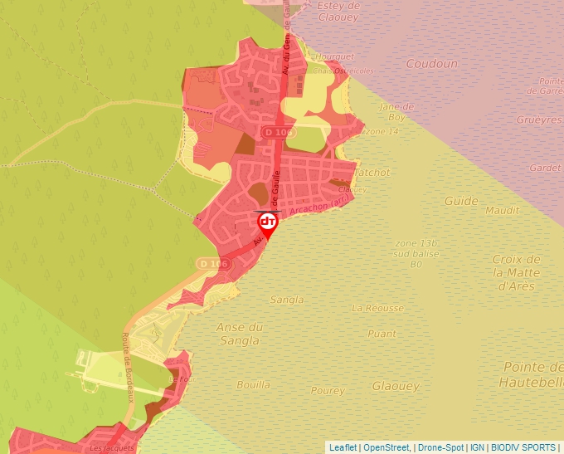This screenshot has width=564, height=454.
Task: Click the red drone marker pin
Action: (x=268, y=223)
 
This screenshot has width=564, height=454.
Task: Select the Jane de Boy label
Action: (x=396, y=112)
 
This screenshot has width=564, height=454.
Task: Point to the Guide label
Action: (x=461, y=201)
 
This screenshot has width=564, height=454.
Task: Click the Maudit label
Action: (x=502, y=210)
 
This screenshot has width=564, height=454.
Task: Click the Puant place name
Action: (x=382, y=334)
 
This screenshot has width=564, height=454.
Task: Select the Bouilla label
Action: (x=253, y=384)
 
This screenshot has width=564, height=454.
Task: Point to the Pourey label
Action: (x=328, y=390)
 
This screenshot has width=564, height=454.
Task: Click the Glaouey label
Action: (x=396, y=386)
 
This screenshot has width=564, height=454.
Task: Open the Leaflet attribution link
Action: (x=343, y=447)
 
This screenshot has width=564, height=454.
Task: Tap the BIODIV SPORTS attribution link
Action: (x=523, y=447)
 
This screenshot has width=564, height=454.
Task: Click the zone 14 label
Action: (x=382, y=132)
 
